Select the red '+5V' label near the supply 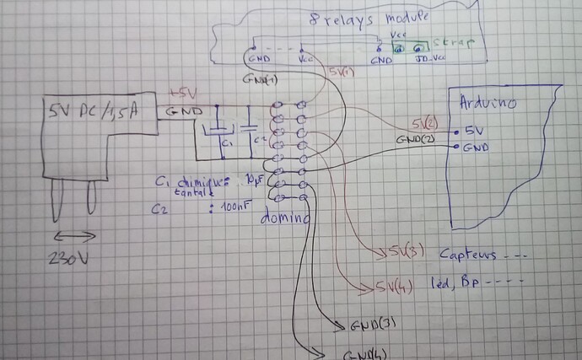pyautogui.click(x=183, y=92)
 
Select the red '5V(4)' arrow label pyautogui.click(x=389, y=285)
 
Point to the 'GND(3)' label pyautogui.click(x=368, y=324)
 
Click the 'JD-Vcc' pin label pyautogui.click(x=431, y=60)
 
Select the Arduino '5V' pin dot pyautogui.click(x=455, y=132)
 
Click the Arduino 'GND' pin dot pyautogui.click(x=455, y=147)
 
